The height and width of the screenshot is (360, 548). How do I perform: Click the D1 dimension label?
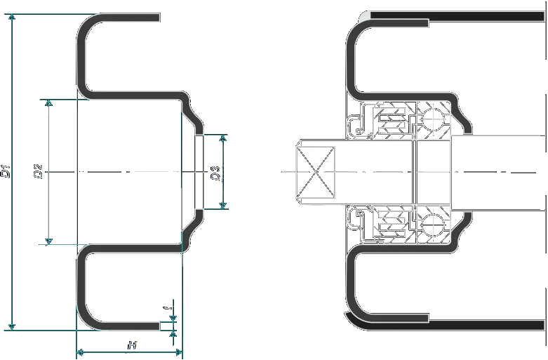click(x=6, y=170)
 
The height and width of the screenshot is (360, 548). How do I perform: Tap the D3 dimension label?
click(x=216, y=171)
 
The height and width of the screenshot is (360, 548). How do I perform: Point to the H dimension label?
click(x=131, y=345)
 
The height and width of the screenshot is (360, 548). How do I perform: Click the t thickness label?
click(x=166, y=307)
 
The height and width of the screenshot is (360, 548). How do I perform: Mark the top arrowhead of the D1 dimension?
click(x=11, y=17)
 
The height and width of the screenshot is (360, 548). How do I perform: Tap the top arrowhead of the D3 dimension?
click(x=224, y=138)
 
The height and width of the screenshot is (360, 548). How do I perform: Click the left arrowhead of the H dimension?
click(x=79, y=351)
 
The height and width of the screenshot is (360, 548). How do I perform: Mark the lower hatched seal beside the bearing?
click(x=394, y=223)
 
